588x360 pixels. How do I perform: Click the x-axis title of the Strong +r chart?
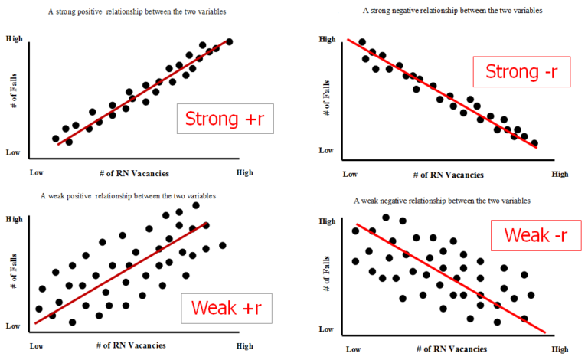134,174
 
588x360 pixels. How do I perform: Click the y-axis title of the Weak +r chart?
15,272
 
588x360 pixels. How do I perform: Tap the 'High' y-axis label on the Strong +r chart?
14,38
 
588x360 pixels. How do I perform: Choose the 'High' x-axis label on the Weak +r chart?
244,346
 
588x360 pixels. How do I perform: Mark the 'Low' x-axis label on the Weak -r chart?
353,349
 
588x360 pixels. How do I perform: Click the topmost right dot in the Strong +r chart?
230,41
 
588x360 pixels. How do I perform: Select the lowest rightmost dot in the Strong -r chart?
534,143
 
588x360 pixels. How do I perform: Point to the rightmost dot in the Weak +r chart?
223,245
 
